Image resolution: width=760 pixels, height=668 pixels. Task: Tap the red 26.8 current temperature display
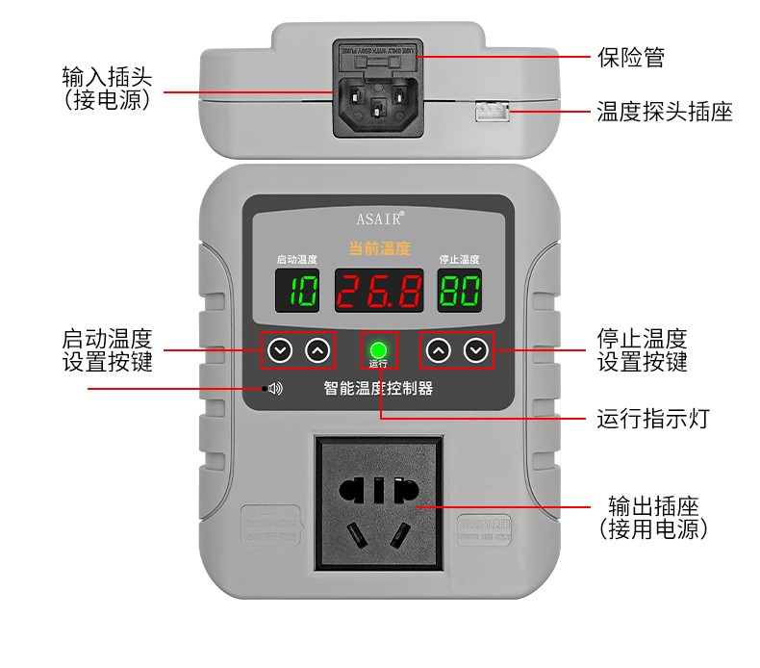[379, 291]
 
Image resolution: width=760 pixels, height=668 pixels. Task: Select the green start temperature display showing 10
[297, 291]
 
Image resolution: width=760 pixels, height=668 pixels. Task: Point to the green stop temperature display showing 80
[460, 291]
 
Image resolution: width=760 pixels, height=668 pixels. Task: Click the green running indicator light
[378, 348]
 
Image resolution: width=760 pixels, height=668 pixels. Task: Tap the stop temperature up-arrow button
[438, 350]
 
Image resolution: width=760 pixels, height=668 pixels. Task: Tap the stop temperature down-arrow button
[475, 350]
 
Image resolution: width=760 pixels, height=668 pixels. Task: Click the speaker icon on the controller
[275, 389]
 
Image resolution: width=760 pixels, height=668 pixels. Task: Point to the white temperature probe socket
[491, 113]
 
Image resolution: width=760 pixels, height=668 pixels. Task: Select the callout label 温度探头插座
[664, 112]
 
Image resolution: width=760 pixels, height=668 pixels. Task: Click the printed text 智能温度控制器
[378, 389]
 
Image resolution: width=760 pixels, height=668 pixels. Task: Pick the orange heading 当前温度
[379, 248]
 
